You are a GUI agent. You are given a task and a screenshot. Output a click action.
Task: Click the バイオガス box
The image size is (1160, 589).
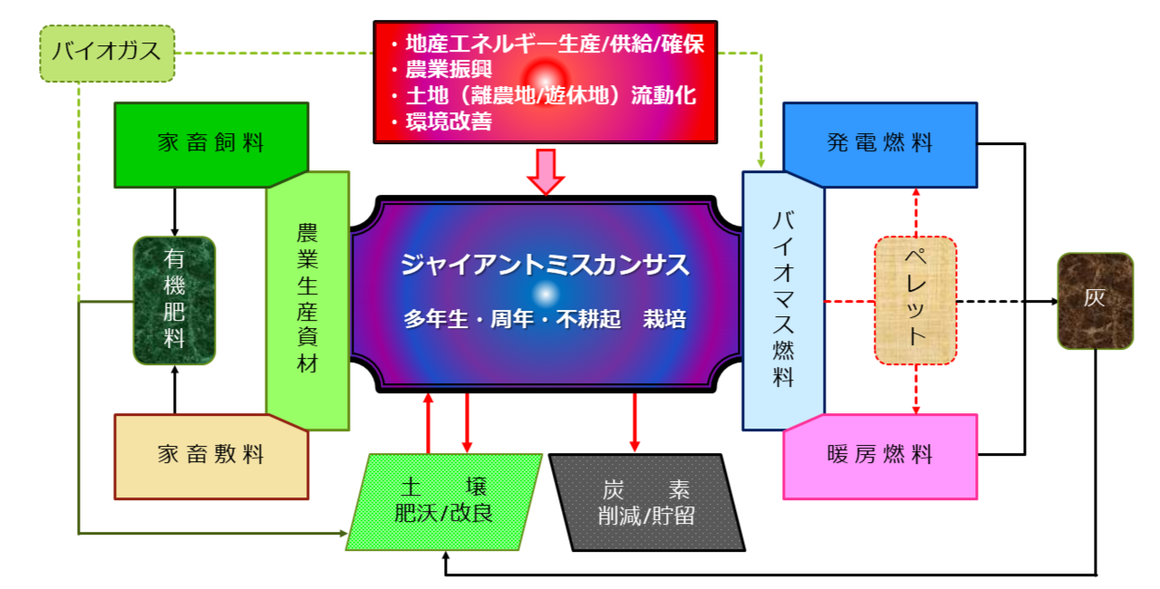coord(107,51)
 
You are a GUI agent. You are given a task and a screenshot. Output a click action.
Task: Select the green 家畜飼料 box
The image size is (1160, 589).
coord(210,143)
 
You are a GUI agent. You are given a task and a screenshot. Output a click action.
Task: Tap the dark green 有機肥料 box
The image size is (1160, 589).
coord(174,300)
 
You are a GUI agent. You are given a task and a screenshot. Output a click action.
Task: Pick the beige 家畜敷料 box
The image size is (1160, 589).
coord(210,456)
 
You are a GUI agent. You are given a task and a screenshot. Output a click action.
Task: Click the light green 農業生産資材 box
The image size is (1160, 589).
coord(308,299)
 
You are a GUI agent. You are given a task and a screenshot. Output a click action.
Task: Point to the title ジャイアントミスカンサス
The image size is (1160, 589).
coord(545,266)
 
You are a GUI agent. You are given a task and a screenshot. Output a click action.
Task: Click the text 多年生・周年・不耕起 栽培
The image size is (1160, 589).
coord(545,319)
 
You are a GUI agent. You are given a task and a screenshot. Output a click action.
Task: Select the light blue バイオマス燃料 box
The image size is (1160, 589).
coord(783,299)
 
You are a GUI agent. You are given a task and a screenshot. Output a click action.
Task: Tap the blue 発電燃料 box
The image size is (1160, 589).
coord(879,143)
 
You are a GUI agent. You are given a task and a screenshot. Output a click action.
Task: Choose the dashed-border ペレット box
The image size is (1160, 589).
coord(915,300)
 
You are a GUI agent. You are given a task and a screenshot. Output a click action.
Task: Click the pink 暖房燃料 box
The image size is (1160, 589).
coord(879,455)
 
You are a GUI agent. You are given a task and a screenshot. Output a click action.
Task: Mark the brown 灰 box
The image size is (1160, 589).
coord(1095,300)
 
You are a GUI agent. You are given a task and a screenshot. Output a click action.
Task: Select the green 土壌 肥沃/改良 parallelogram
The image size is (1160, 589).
coord(444,501)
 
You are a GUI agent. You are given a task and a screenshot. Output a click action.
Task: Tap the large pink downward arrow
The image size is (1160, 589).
coord(546,170)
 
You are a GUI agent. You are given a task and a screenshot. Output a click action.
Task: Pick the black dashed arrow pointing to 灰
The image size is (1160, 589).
coord(1006,300)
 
